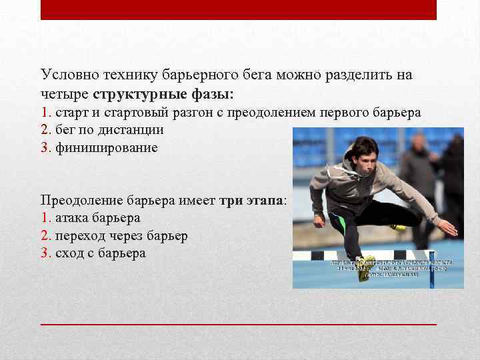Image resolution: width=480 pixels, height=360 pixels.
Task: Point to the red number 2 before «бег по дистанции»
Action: coord(45,130)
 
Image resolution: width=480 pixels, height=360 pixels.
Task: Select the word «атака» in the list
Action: coord(73,217)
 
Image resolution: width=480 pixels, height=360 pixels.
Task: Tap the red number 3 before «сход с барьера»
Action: coord(45,253)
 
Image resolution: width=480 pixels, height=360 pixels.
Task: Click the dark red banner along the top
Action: coord(239,9)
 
